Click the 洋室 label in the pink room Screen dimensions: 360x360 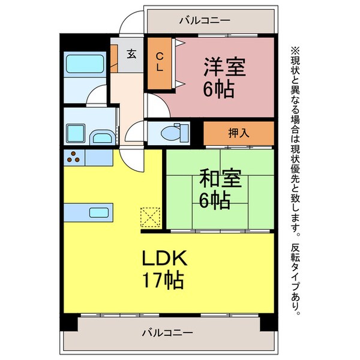(225, 66)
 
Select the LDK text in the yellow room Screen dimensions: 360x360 (165, 259)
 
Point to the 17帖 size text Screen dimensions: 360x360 (163, 280)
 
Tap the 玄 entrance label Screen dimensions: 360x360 (131, 53)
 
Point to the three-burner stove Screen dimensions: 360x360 (74, 158)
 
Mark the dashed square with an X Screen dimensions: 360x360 (149, 217)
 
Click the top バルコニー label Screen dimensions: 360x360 (205, 21)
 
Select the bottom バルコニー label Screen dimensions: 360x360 (167, 332)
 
